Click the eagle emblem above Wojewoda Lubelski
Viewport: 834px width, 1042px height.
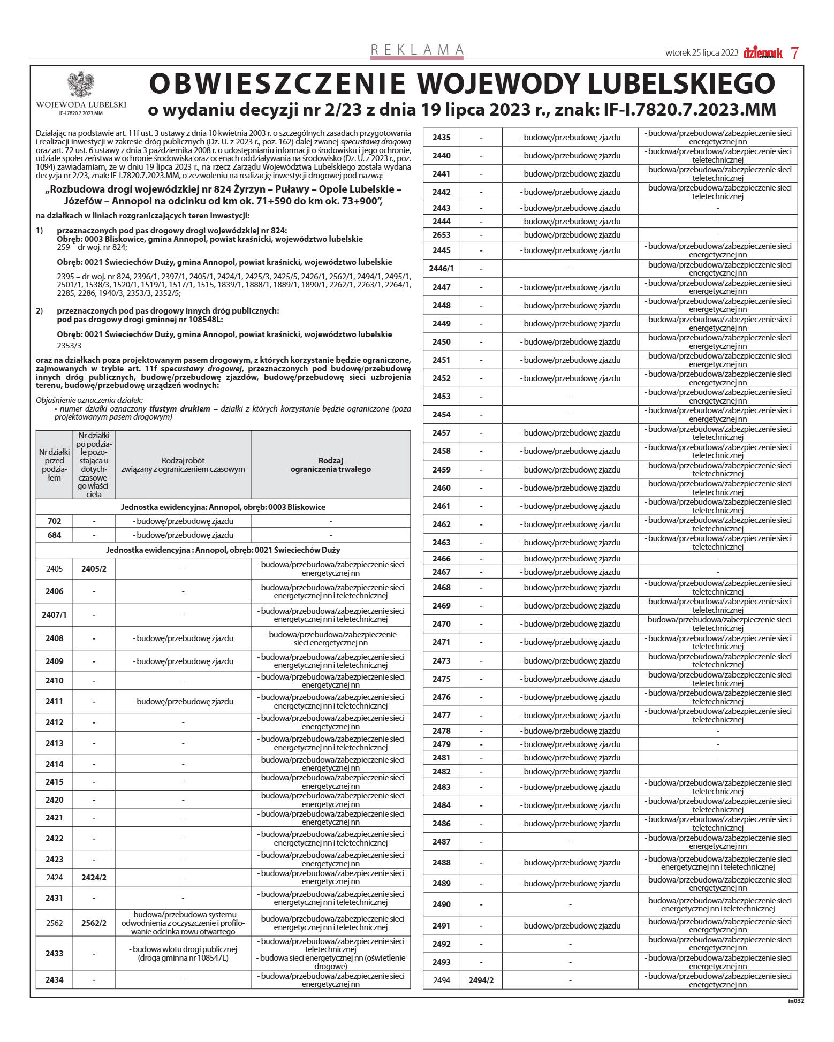point(81,85)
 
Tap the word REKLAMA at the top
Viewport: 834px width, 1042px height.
point(417,50)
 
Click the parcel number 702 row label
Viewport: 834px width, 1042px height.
point(55,521)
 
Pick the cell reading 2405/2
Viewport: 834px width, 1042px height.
point(94,568)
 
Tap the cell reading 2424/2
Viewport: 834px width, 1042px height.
point(94,878)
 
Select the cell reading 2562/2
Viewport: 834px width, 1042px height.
point(94,923)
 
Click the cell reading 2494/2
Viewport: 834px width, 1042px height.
point(481,980)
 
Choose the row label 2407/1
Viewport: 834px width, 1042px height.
point(55,615)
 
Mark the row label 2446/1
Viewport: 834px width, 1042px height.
point(441,269)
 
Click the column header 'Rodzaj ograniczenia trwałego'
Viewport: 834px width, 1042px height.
point(330,465)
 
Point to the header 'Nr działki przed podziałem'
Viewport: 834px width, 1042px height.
point(55,465)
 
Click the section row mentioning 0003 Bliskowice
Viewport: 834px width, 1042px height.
point(223,507)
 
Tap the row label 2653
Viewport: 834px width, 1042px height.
point(441,235)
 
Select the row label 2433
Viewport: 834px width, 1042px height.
point(55,954)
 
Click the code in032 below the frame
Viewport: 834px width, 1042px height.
point(795,1000)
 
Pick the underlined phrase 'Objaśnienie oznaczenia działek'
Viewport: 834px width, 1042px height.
point(89,400)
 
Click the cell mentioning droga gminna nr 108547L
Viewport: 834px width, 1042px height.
point(183,954)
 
